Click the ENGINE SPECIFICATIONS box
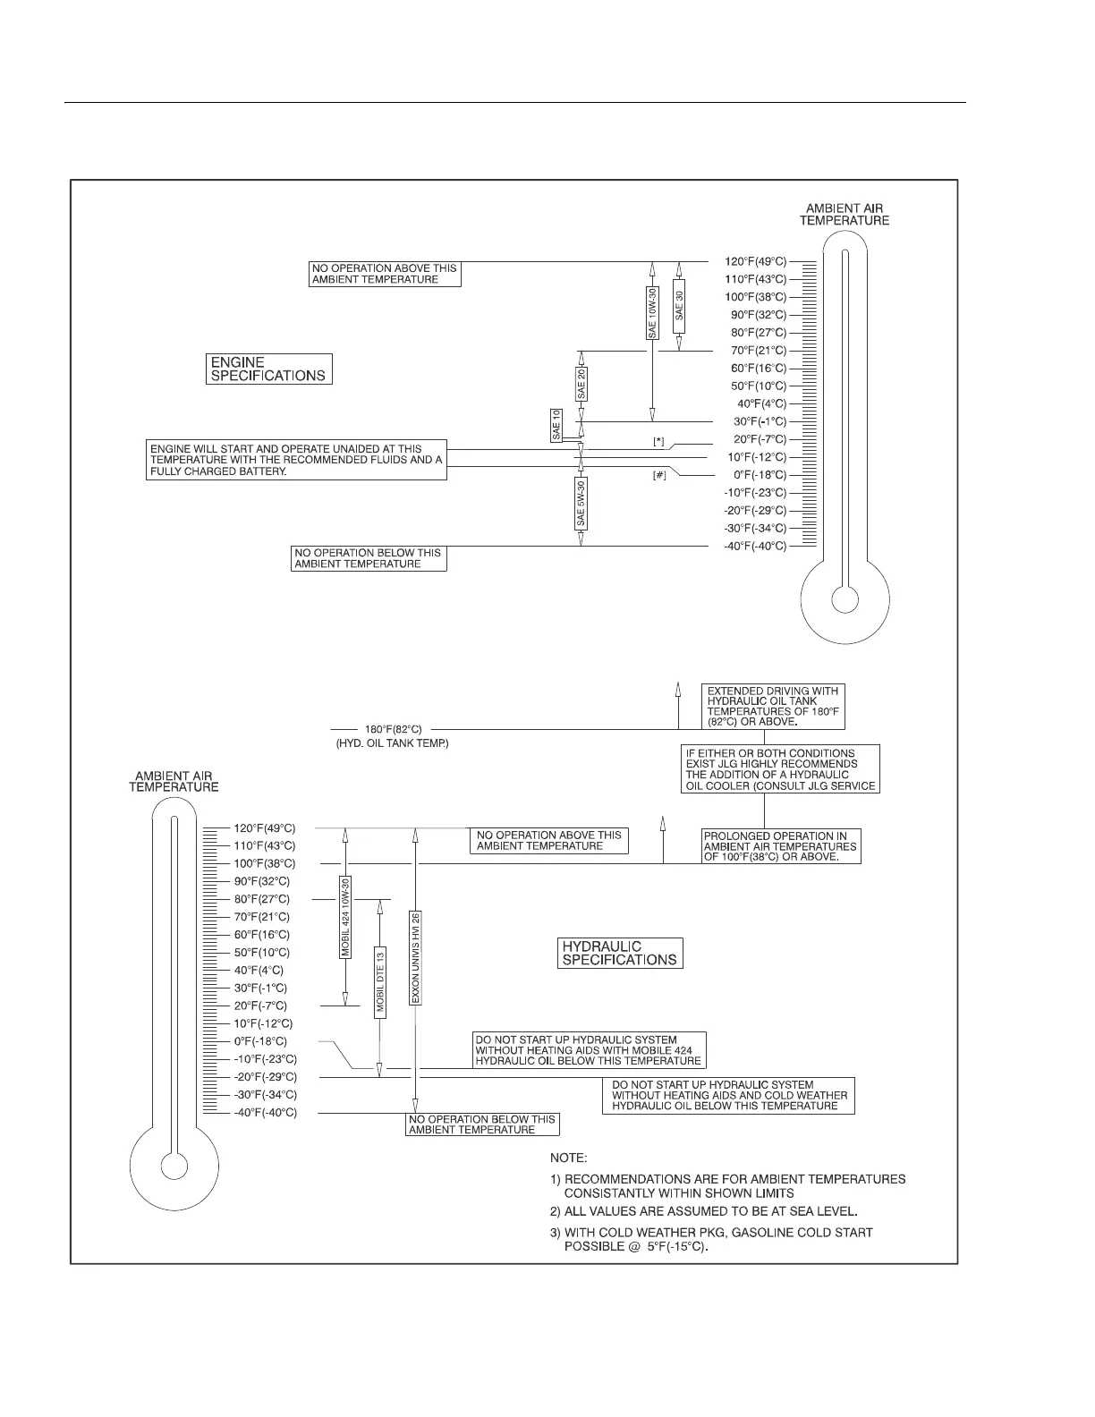tap(268, 369)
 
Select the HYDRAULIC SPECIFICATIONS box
tap(619, 953)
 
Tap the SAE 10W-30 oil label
tap(652, 312)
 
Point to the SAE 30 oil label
tap(680, 306)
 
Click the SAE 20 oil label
tap(581, 383)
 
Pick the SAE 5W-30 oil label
tap(581, 504)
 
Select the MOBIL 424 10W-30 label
tap(345, 918)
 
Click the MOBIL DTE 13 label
tap(380, 981)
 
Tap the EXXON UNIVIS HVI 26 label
tap(415, 957)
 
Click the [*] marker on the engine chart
tap(658, 441)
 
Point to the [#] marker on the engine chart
tap(658, 476)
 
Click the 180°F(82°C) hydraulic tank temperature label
tap(393, 730)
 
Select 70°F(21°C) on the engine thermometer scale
tap(755, 351)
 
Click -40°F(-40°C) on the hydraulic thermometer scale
tap(265, 1113)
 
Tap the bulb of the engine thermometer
tap(844, 598)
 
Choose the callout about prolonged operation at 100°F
tap(781, 846)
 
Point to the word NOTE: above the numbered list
tap(568, 1158)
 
